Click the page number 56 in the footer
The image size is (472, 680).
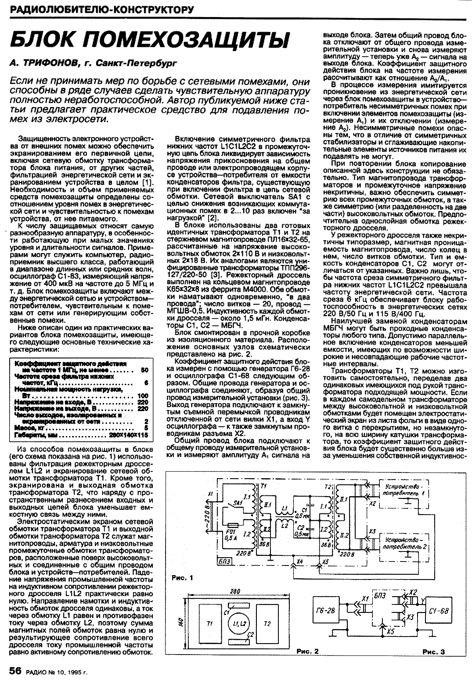point(15,671)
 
